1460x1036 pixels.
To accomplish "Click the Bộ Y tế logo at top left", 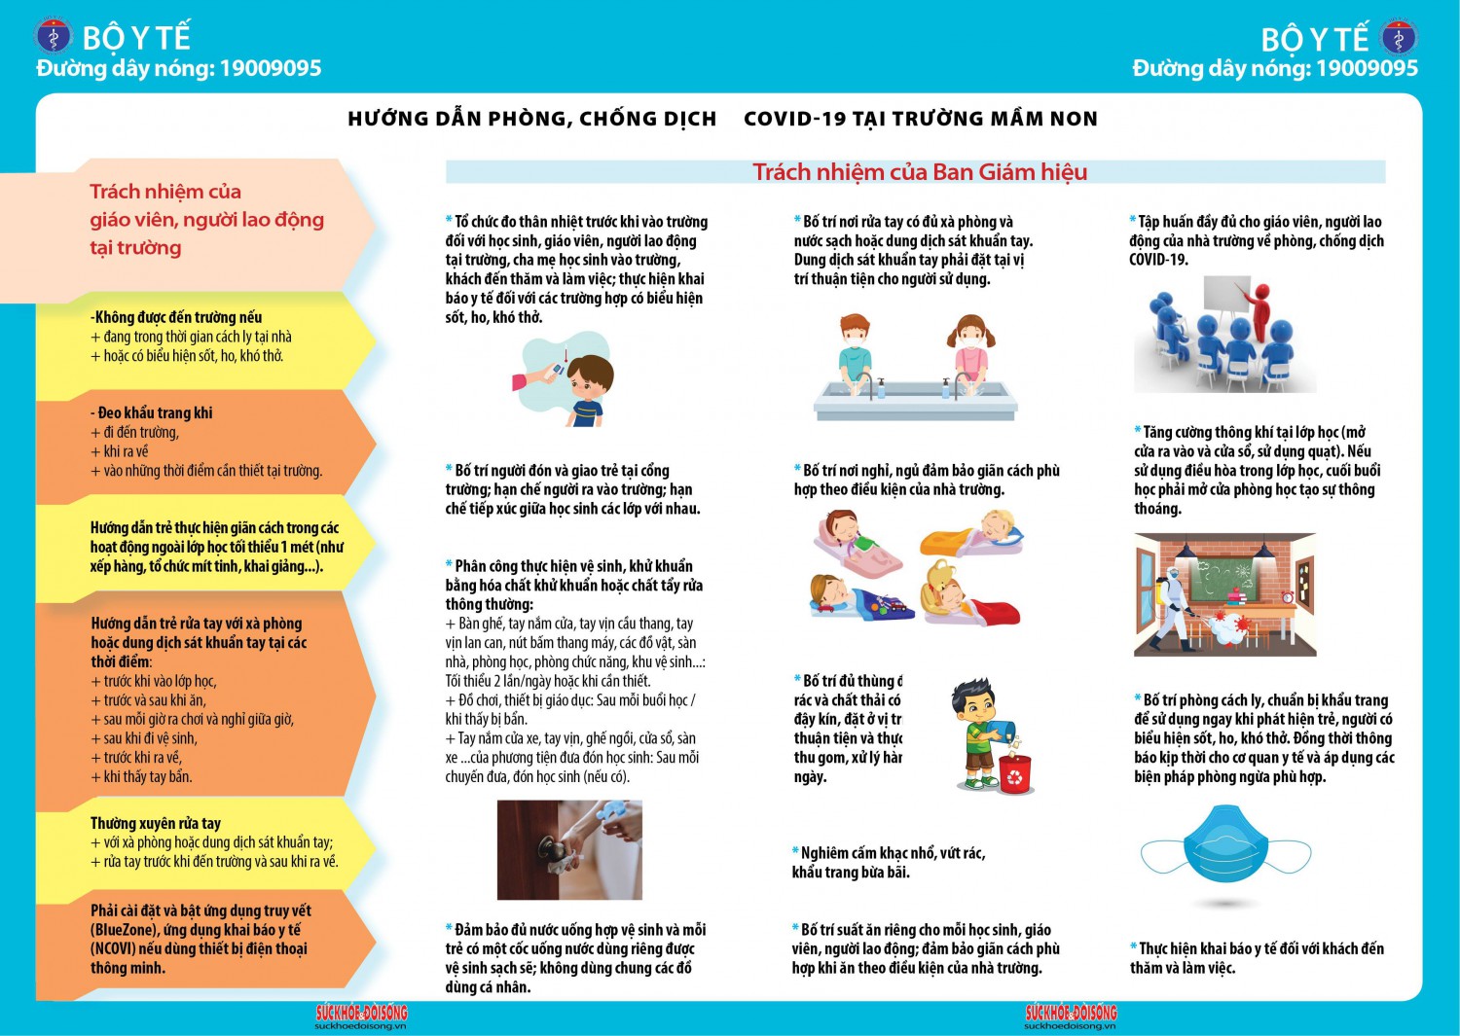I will click(54, 37).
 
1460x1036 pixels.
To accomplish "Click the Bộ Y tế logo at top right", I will click(1399, 38).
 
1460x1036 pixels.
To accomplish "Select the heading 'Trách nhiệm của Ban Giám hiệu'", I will click(919, 172).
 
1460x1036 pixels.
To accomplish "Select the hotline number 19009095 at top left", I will click(270, 68).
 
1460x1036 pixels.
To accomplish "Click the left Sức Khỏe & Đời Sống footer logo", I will click(361, 1014).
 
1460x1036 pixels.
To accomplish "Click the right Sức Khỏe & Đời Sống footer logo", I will click(1071, 1014).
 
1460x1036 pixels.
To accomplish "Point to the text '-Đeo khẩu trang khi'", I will click(153, 412).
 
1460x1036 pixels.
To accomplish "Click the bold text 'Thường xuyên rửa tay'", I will click(156, 823).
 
